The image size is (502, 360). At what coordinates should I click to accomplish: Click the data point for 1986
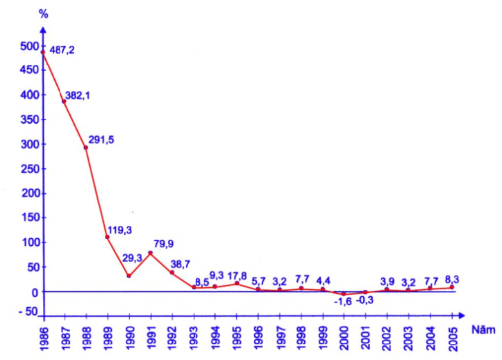click(43, 52)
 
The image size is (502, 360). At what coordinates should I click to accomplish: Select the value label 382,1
click(77, 96)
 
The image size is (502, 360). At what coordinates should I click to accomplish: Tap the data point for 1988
click(86, 147)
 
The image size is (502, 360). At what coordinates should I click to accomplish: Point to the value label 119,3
click(119, 229)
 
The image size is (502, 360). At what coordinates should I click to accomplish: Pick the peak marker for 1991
click(150, 253)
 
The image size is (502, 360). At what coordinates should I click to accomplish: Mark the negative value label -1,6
click(343, 302)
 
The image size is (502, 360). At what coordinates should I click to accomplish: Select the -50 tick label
click(26, 311)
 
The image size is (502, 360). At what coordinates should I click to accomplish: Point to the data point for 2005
click(451, 287)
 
